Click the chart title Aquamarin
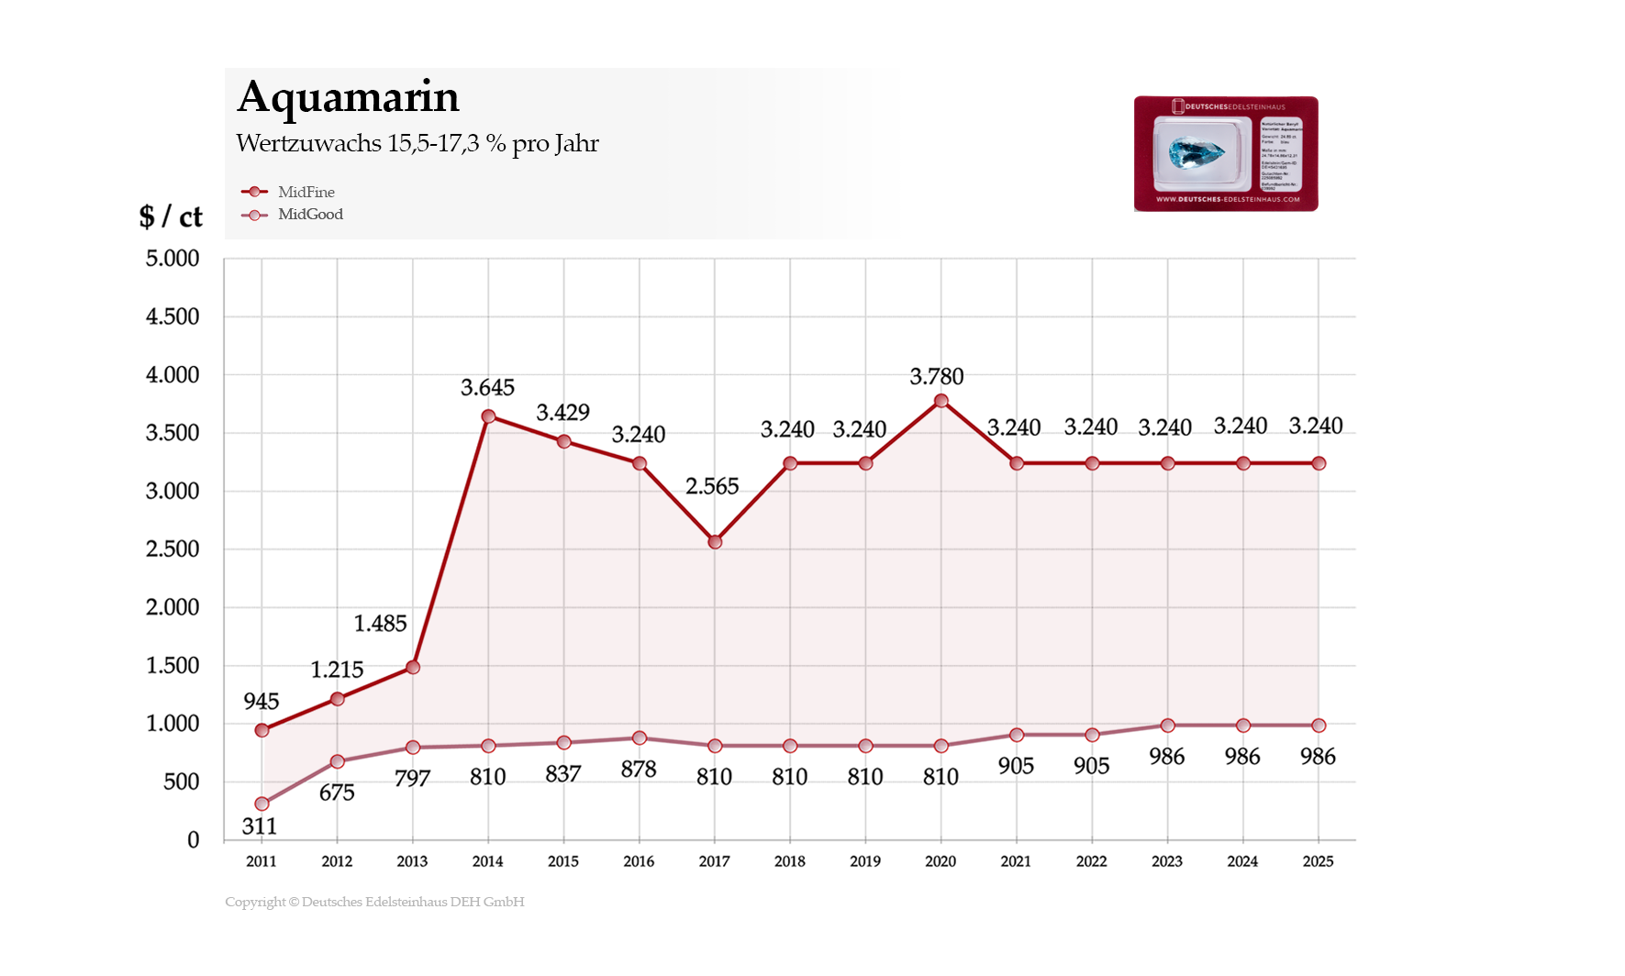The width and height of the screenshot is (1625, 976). click(348, 97)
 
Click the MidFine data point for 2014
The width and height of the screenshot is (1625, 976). click(488, 416)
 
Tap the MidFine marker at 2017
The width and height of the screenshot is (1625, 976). click(715, 542)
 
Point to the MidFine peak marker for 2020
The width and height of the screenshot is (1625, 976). click(940, 401)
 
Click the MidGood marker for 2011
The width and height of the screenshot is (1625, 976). click(262, 804)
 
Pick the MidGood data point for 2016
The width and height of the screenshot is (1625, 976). click(640, 738)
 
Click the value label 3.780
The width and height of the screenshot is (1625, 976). click(936, 376)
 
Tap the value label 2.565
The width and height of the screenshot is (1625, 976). click(712, 486)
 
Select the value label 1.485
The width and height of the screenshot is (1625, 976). click(380, 624)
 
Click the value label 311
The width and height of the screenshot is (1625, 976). click(260, 826)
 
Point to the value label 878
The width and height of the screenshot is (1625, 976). click(639, 770)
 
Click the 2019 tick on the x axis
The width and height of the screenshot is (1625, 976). click(865, 861)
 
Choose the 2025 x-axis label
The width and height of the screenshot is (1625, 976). click(1318, 861)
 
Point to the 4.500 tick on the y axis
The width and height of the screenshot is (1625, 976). click(173, 316)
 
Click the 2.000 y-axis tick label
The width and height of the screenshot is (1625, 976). click(173, 607)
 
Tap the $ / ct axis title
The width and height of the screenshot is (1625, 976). click(171, 216)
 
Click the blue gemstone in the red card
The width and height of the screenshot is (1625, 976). click(1196, 152)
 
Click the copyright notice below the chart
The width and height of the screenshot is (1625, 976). click(374, 902)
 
